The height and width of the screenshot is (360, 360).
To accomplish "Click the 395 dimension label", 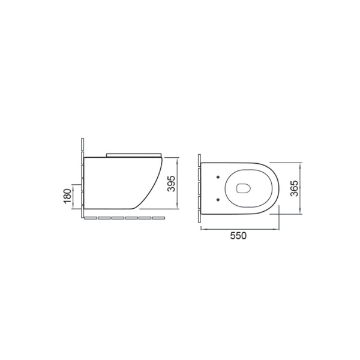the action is click(x=172, y=184).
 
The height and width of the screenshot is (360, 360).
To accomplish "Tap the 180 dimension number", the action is click(x=67, y=196).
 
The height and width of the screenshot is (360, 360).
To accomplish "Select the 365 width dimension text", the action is click(x=295, y=188).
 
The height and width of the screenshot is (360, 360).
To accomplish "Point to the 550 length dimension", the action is click(x=238, y=236).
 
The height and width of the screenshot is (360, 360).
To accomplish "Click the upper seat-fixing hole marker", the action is click(x=218, y=177).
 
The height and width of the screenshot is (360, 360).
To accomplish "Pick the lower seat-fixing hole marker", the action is click(x=218, y=200).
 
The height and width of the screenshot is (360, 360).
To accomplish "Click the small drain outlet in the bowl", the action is click(x=243, y=188).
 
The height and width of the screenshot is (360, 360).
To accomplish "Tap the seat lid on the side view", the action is click(x=134, y=155).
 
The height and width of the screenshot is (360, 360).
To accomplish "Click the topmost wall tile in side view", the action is click(x=83, y=144).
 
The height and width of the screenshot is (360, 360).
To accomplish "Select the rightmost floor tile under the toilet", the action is click(x=158, y=218).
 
